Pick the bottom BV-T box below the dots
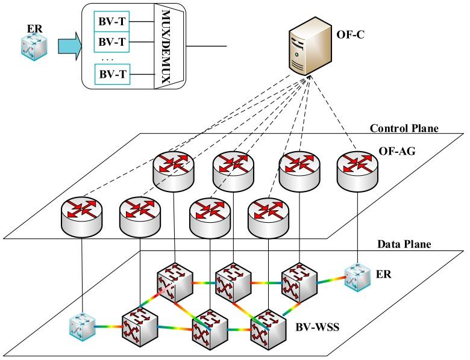111,75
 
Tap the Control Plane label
404,128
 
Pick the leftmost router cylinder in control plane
81,214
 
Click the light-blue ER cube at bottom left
81,327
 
